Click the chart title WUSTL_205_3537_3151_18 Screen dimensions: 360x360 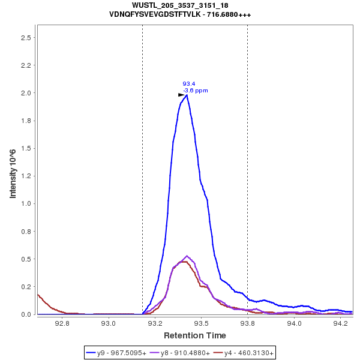tap(180, 5)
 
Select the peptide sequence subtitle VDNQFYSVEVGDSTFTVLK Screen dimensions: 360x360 tap(180, 14)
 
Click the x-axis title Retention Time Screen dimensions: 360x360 tap(195, 335)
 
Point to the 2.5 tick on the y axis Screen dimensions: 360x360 tap(26, 38)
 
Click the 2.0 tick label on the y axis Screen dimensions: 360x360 tap(26, 93)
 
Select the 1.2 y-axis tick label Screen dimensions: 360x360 tap(26, 176)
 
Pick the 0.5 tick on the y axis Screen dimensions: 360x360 tap(26, 259)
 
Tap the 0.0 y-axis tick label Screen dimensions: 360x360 tap(26, 314)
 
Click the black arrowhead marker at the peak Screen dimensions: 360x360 tap(181, 95)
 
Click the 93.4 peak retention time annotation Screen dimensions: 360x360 tap(188, 84)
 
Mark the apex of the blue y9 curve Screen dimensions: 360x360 tap(187, 95)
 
